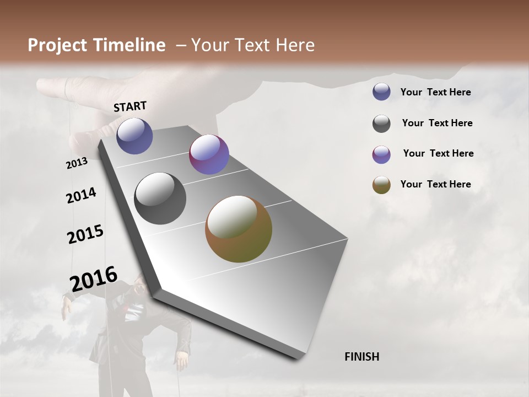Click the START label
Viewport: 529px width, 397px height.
[x=130, y=106]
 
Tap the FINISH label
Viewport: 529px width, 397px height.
[x=361, y=357]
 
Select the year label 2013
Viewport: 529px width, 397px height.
[x=77, y=163]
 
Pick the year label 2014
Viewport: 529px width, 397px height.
[x=82, y=195]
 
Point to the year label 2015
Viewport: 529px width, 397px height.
[x=85, y=234]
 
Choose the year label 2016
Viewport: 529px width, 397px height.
[x=94, y=278]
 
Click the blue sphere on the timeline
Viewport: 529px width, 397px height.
[x=134, y=136]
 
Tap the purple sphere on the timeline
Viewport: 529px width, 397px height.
[x=209, y=154]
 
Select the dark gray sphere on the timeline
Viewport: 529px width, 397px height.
[x=160, y=198]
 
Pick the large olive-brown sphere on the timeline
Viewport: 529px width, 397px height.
[x=239, y=229]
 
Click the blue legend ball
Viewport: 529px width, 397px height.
[x=381, y=92]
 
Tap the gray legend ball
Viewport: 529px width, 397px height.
[x=381, y=124]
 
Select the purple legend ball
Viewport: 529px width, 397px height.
[x=381, y=154]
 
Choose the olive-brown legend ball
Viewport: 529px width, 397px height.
[x=381, y=185]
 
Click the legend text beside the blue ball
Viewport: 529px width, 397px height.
[x=435, y=92]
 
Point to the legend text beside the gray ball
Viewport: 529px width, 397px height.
[x=437, y=123]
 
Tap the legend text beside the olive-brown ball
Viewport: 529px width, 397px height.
[x=435, y=184]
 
